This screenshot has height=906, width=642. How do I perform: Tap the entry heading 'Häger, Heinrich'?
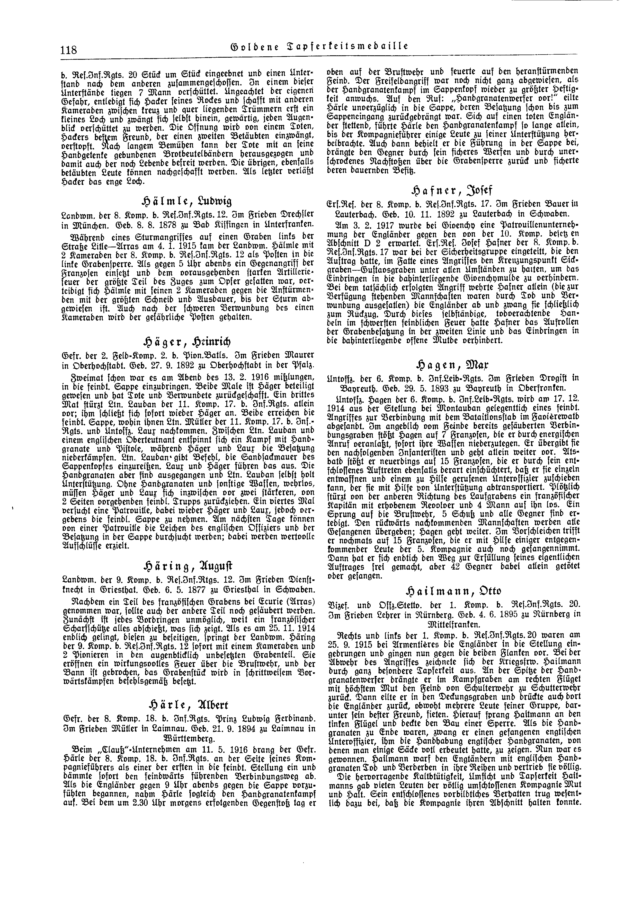(x=187, y=342)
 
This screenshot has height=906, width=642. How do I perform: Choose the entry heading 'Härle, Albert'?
(x=187, y=705)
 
